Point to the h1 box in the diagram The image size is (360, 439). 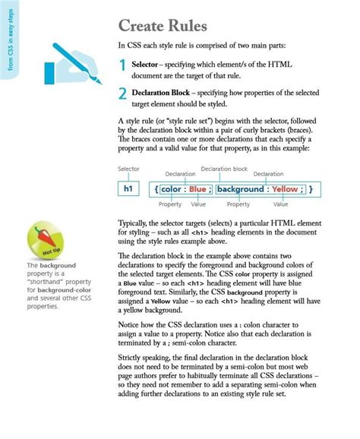pyautogui.click(x=129, y=188)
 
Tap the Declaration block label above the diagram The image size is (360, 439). pyautogui.click(x=224, y=169)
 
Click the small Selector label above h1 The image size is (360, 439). pyautogui.click(x=128, y=169)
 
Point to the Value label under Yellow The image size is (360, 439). pyautogui.click(x=280, y=204)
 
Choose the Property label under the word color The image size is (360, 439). pyautogui.click(x=169, y=204)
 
